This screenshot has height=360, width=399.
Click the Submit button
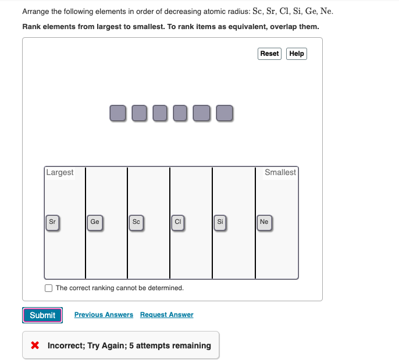click(x=42, y=315)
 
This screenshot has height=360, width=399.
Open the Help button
click(x=297, y=54)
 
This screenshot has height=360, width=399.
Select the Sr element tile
click(x=52, y=222)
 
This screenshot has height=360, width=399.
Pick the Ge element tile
click(x=95, y=222)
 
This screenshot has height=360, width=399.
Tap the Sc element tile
click(x=136, y=222)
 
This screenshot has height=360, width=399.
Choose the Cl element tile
click(x=179, y=222)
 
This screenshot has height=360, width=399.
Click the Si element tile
click(x=220, y=222)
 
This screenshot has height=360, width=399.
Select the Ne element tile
click(x=264, y=222)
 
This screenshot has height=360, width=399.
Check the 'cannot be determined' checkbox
click(x=49, y=288)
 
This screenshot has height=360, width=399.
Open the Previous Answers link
click(x=104, y=315)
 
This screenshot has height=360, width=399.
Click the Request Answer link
click(x=166, y=315)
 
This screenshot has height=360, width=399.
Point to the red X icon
click(x=35, y=345)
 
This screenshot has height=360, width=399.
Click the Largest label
click(x=60, y=172)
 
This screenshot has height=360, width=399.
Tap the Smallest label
click(x=280, y=172)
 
